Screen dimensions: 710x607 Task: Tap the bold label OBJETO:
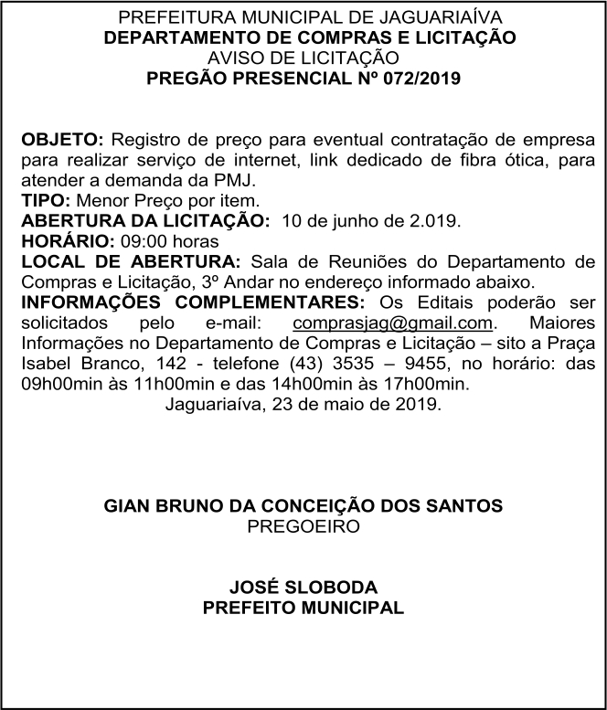63,142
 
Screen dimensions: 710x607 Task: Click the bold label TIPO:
41,199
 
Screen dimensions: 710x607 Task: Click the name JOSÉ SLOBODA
303,588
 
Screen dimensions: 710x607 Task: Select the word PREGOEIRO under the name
303,525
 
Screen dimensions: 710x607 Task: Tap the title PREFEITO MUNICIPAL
303,608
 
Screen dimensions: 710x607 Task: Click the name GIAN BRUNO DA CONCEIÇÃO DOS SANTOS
303,505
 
